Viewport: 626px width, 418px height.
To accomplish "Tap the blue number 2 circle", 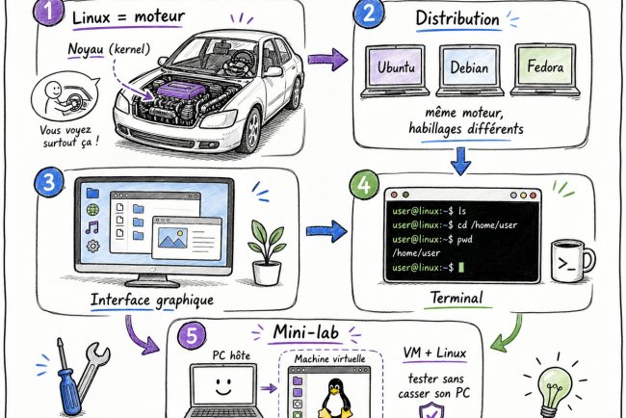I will [x=366, y=14].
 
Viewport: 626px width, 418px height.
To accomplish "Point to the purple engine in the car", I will [x=174, y=92].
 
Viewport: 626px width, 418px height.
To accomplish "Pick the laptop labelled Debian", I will [x=473, y=74].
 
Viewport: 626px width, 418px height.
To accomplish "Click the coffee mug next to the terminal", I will [x=571, y=257].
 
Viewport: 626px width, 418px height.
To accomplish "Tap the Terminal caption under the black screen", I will [x=457, y=300].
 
